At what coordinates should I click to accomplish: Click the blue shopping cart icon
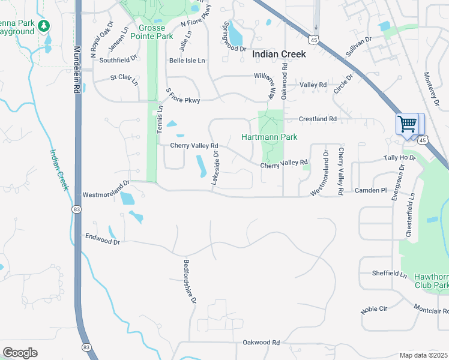408,124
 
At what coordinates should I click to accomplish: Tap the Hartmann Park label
270,137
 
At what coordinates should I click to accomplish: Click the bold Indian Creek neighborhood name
279,54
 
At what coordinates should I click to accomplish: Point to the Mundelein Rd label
77,70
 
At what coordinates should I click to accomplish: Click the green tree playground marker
43,26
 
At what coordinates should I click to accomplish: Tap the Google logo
20,352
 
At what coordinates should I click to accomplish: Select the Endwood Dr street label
103,239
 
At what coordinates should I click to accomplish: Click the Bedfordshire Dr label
190,281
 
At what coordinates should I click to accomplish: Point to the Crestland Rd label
318,119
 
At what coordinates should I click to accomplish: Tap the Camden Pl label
371,190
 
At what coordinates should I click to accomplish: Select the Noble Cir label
375,310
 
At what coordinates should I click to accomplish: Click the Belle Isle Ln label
187,61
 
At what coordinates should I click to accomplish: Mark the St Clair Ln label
124,77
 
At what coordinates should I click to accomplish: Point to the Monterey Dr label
432,88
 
